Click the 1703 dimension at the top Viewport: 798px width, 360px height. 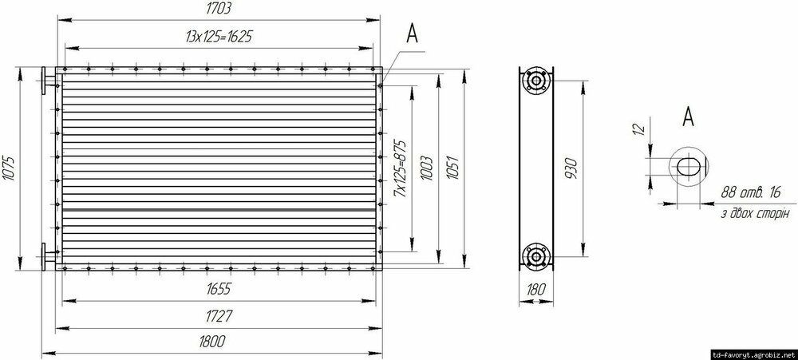pos(219,9)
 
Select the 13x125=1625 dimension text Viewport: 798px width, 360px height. pos(219,38)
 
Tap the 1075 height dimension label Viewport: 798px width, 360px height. pos(9,168)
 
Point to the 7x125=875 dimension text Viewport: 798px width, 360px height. pos(401,168)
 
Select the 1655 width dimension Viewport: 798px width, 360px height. pos(219,289)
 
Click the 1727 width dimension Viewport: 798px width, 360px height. pos(219,317)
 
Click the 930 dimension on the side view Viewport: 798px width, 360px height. pos(570,168)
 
